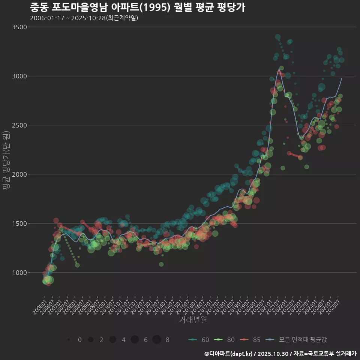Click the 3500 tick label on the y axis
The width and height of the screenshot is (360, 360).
[x=19, y=27]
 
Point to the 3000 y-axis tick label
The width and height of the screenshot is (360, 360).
[x=19, y=76]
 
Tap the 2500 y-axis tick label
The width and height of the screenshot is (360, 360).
[x=19, y=125]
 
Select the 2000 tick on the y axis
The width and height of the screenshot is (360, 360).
[x=19, y=174]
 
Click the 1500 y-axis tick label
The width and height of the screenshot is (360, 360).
[x=19, y=223]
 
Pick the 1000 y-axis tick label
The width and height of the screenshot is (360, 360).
[x=19, y=273]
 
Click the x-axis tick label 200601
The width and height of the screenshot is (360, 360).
[x=39, y=306]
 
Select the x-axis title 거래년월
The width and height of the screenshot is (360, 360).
[x=193, y=319]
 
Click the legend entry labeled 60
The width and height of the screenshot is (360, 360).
[x=199, y=340]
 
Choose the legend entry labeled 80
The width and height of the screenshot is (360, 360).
[x=224, y=340]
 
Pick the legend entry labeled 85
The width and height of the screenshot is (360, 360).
[x=250, y=340]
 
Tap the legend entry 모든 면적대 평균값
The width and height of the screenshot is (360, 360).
[x=296, y=340]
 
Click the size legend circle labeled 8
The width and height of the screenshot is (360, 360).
[x=157, y=340]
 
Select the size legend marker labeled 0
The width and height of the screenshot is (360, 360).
[x=69, y=340]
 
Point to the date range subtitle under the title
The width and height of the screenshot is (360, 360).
[x=84, y=18]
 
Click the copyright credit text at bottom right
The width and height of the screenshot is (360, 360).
[x=280, y=354]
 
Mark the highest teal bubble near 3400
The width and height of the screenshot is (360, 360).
[x=278, y=37]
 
